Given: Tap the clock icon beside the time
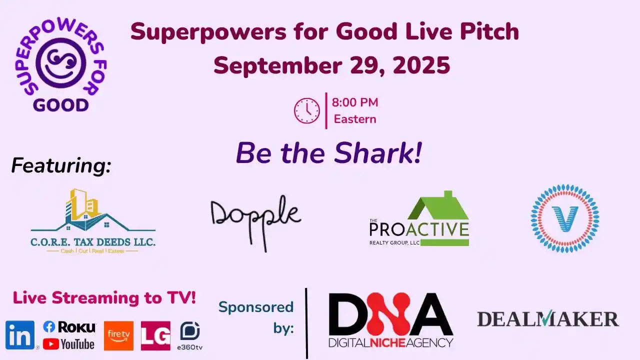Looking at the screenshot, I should (x=306, y=110).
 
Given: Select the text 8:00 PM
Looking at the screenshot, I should (x=355, y=102).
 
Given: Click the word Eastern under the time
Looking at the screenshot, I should (x=355, y=119).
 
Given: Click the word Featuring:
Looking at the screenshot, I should (x=61, y=165).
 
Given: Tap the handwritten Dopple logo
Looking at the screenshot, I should (x=255, y=220).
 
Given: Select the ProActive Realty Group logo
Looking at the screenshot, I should (x=419, y=220).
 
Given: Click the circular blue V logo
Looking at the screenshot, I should (x=565, y=218).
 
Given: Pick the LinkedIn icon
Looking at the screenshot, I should (x=20, y=335).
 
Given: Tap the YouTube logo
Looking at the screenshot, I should (x=68, y=344).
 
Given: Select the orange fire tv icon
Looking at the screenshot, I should (x=118, y=335).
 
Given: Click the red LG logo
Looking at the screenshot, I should (x=155, y=335).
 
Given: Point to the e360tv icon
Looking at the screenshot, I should (x=190, y=334).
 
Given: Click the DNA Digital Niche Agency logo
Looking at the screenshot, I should (x=390, y=320).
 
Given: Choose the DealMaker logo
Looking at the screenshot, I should (x=548, y=318).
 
